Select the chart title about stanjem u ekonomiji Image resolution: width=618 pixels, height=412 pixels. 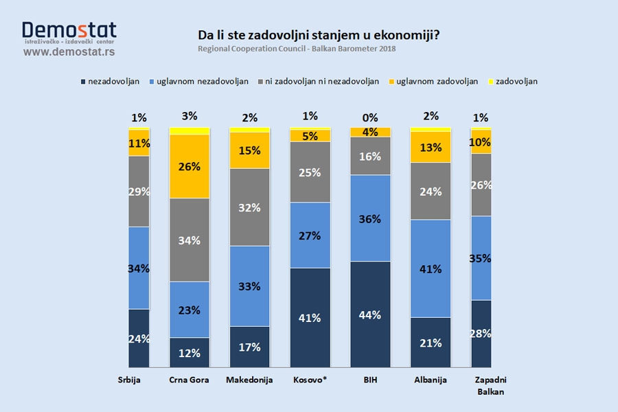pyautogui.click(x=319, y=34)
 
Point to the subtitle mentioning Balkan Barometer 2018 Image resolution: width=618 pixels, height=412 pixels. pyautogui.click(x=297, y=49)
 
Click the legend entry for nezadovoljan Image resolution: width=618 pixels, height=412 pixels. pyautogui.click(x=110, y=81)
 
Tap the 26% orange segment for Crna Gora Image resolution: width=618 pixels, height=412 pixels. pyautogui.click(x=190, y=166)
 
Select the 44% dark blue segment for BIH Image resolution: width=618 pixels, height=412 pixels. pyautogui.click(x=370, y=314)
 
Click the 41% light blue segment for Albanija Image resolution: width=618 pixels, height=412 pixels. pyautogui.click(x=430, y=268)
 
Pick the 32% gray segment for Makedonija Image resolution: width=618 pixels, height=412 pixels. pyautogui.click(x=250, y=207)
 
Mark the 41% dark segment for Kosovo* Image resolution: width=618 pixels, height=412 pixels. pyautogui.click(x=310, y=318)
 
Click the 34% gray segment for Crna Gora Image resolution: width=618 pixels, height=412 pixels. pyautogui.click(x=190, y=240)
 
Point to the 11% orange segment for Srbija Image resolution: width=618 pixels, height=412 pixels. pyautogui.click(x=139, y=143)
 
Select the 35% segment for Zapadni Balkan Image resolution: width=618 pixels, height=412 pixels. pyautogui.click(x=481, y=258)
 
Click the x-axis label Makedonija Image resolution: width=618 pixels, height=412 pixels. pyautogui.click(x=250, y=380)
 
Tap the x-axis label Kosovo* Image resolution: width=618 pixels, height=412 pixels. pyautogui.click(x=310, y=380)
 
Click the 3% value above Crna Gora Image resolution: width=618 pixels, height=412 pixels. pyautogui.click(x=190, y=115)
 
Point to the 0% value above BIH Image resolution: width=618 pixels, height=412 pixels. pyautogui.click(x=370, y=117)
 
